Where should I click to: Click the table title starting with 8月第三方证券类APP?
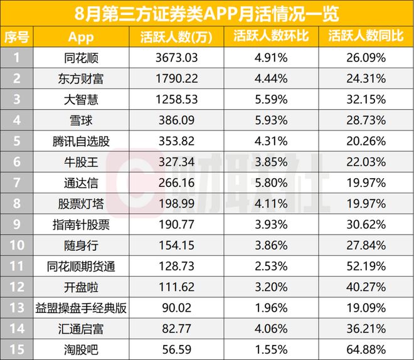pyautogui.click(x=207, y=13)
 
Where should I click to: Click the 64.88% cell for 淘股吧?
pyautogui.click(x=365, y=349)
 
